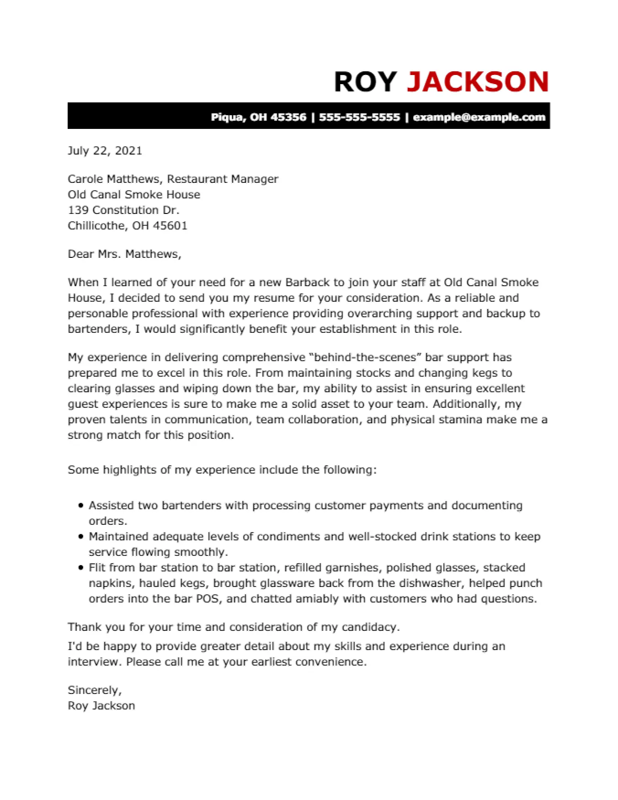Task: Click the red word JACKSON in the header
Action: click(477, 82)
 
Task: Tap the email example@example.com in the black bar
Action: click(479, 117)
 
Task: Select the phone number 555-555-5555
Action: click(359, 117)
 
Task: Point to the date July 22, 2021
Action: click(105, 151)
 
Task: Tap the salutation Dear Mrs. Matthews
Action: click(124, 254)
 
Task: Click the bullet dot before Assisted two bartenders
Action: click(81, 506)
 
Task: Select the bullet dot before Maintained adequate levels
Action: click(81, 537)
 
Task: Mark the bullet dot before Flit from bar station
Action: click(81, 568)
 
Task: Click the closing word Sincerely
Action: click(94, 690)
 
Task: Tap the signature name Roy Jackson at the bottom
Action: click(101, 705)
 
